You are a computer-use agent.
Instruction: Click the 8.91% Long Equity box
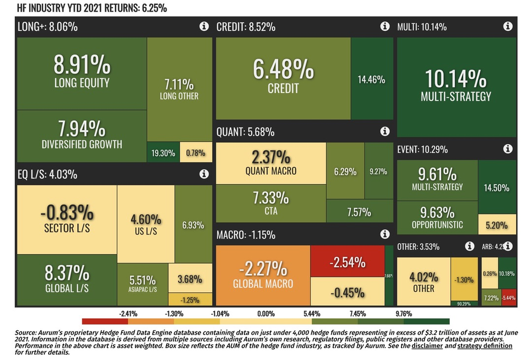click(81, 73)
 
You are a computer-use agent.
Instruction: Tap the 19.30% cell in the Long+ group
click(163, 153)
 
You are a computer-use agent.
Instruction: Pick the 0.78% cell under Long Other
click(196, 153)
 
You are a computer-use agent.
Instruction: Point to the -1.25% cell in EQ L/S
click(189, 300)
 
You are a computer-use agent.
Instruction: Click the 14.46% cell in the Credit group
click(371, 80)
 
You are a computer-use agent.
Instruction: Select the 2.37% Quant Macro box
click(270, 164)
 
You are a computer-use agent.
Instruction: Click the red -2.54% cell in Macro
click(346, 262)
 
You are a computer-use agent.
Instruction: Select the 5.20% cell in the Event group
click(497, 224)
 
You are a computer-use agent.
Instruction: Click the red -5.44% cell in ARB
click(508, 299)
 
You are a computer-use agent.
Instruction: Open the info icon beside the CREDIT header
click(385, 26)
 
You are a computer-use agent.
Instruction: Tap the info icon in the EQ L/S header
click(204, 173)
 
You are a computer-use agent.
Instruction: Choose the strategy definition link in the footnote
click(485, 346)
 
